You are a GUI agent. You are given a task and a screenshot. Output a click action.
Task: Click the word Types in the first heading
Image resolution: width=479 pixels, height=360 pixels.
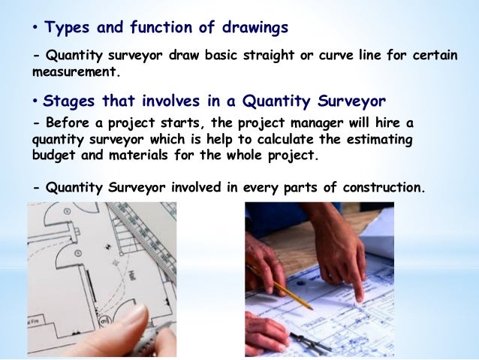[65, 29]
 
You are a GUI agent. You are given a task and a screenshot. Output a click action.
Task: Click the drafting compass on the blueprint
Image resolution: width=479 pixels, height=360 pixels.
[315, 343]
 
